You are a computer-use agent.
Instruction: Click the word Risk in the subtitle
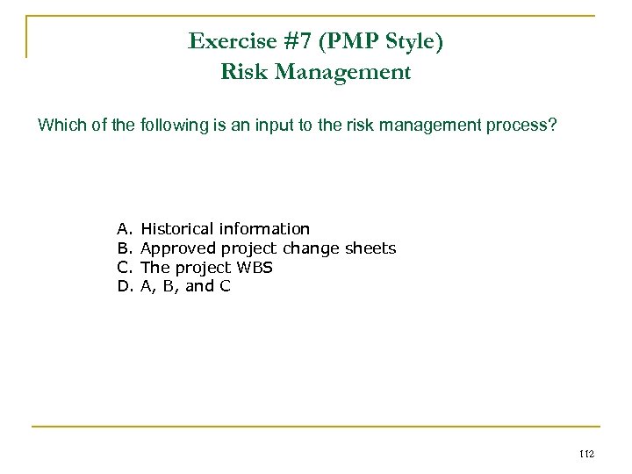[241, 72]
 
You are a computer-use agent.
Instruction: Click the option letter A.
[123, 230]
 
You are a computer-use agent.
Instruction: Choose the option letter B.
[123, 248]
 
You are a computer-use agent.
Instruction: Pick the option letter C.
[123, 267]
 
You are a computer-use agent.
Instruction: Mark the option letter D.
[123, 285]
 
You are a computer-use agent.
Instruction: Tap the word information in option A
[263, 230]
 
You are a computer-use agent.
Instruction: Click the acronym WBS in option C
[254, 267]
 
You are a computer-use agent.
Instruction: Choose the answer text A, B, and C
[185, 285]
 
